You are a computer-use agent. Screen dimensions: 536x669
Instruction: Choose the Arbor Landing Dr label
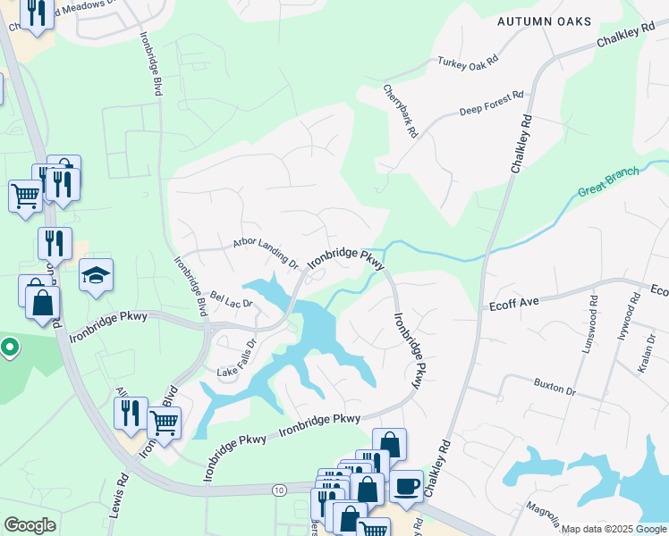click(x=265, y=252)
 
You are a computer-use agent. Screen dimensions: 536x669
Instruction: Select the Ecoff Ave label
click(x=513, y=303)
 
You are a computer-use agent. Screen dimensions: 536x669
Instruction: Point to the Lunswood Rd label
click(x=589, y=322)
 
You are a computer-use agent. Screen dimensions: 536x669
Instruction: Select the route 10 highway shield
click(x=279, y=489)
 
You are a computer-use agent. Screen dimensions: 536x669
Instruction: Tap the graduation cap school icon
click(x=96, y=275)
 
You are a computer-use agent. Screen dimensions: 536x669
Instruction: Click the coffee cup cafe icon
click(x=406, y=486)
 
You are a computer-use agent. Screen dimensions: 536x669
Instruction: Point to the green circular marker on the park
click(x=9, y=347)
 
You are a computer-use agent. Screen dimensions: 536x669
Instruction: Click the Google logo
click(x=30, y=525)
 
